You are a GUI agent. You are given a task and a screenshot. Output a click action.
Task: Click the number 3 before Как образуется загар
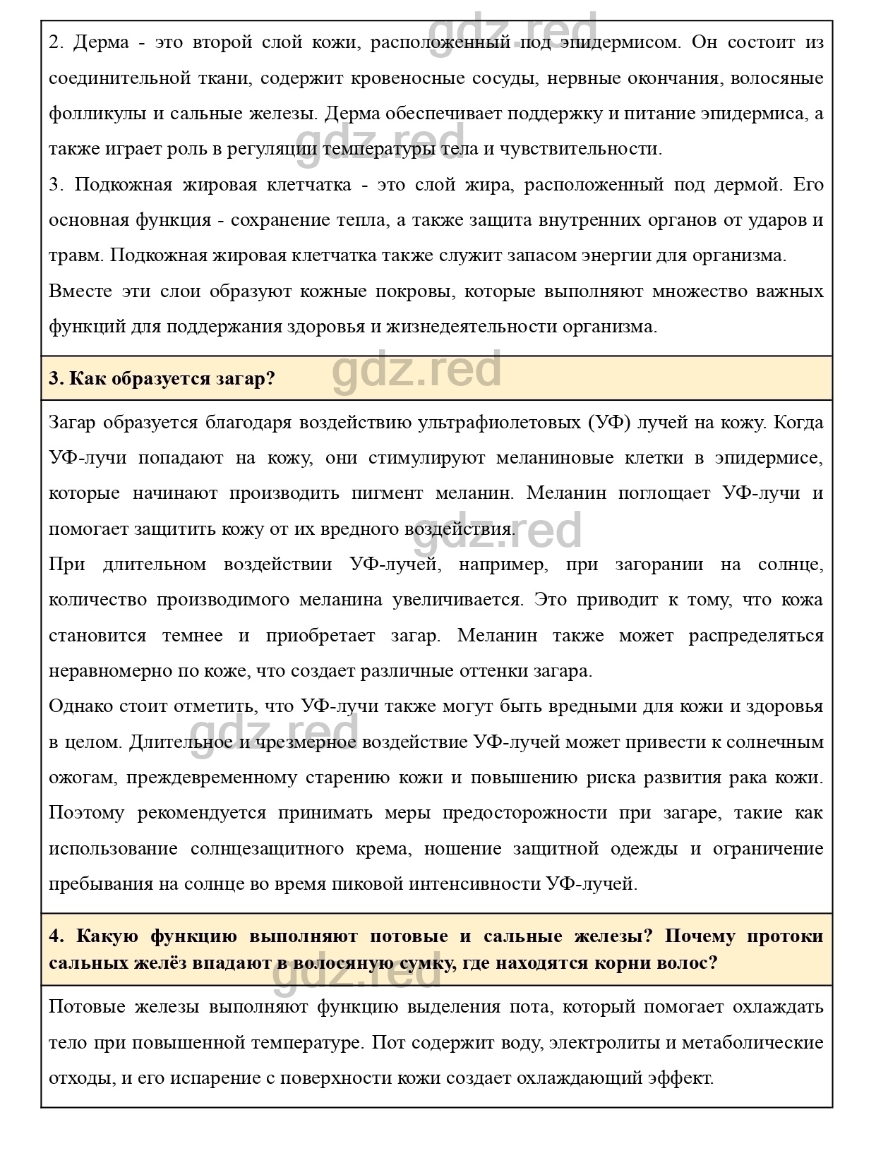pyautogui.click(x=56, y=378)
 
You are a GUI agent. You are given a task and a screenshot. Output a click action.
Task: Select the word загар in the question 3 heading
pyautogui.click(x=246, y=378)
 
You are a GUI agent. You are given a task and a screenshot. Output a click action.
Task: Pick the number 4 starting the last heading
pyautogui.click(x=55, y=936)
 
